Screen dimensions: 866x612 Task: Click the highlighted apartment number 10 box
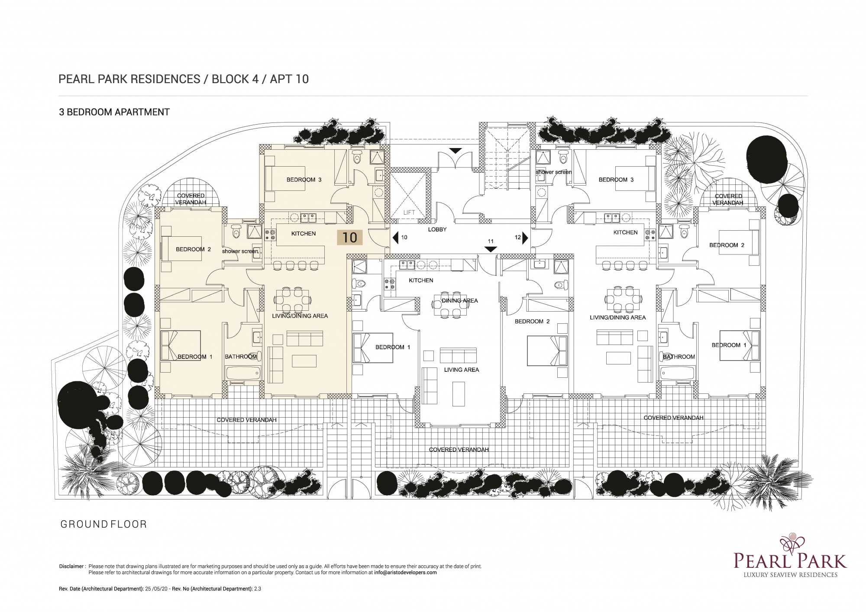click(x=350, y=237)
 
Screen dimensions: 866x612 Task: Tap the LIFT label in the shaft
click(x=409, y=213)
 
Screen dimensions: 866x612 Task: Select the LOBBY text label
click(x=437, y=229)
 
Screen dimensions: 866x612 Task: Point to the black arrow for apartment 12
click(x=525, y=238)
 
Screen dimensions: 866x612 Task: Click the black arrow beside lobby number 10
click(x=395, y=238)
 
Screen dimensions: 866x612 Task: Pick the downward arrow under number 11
click(x=491, y=249)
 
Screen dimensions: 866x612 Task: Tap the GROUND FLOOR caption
click(x=103, y=524)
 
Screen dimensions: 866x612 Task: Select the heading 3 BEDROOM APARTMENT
click(x=114, y=112)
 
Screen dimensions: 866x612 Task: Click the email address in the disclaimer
click(x=405, y=572)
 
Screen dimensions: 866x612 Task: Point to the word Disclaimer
click(x=71, y=566)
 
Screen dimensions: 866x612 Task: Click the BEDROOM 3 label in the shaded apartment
click(x=304, y=180)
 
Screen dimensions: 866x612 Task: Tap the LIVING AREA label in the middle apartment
click(x=462, y=370)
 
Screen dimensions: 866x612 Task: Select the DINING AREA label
click(x=460, y=300)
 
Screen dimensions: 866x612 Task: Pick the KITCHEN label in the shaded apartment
click(x=304, y=233)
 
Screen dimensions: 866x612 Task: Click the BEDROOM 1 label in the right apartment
click(x=729, y=345)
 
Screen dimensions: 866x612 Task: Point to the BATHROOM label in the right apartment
click(x=679, y=357)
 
